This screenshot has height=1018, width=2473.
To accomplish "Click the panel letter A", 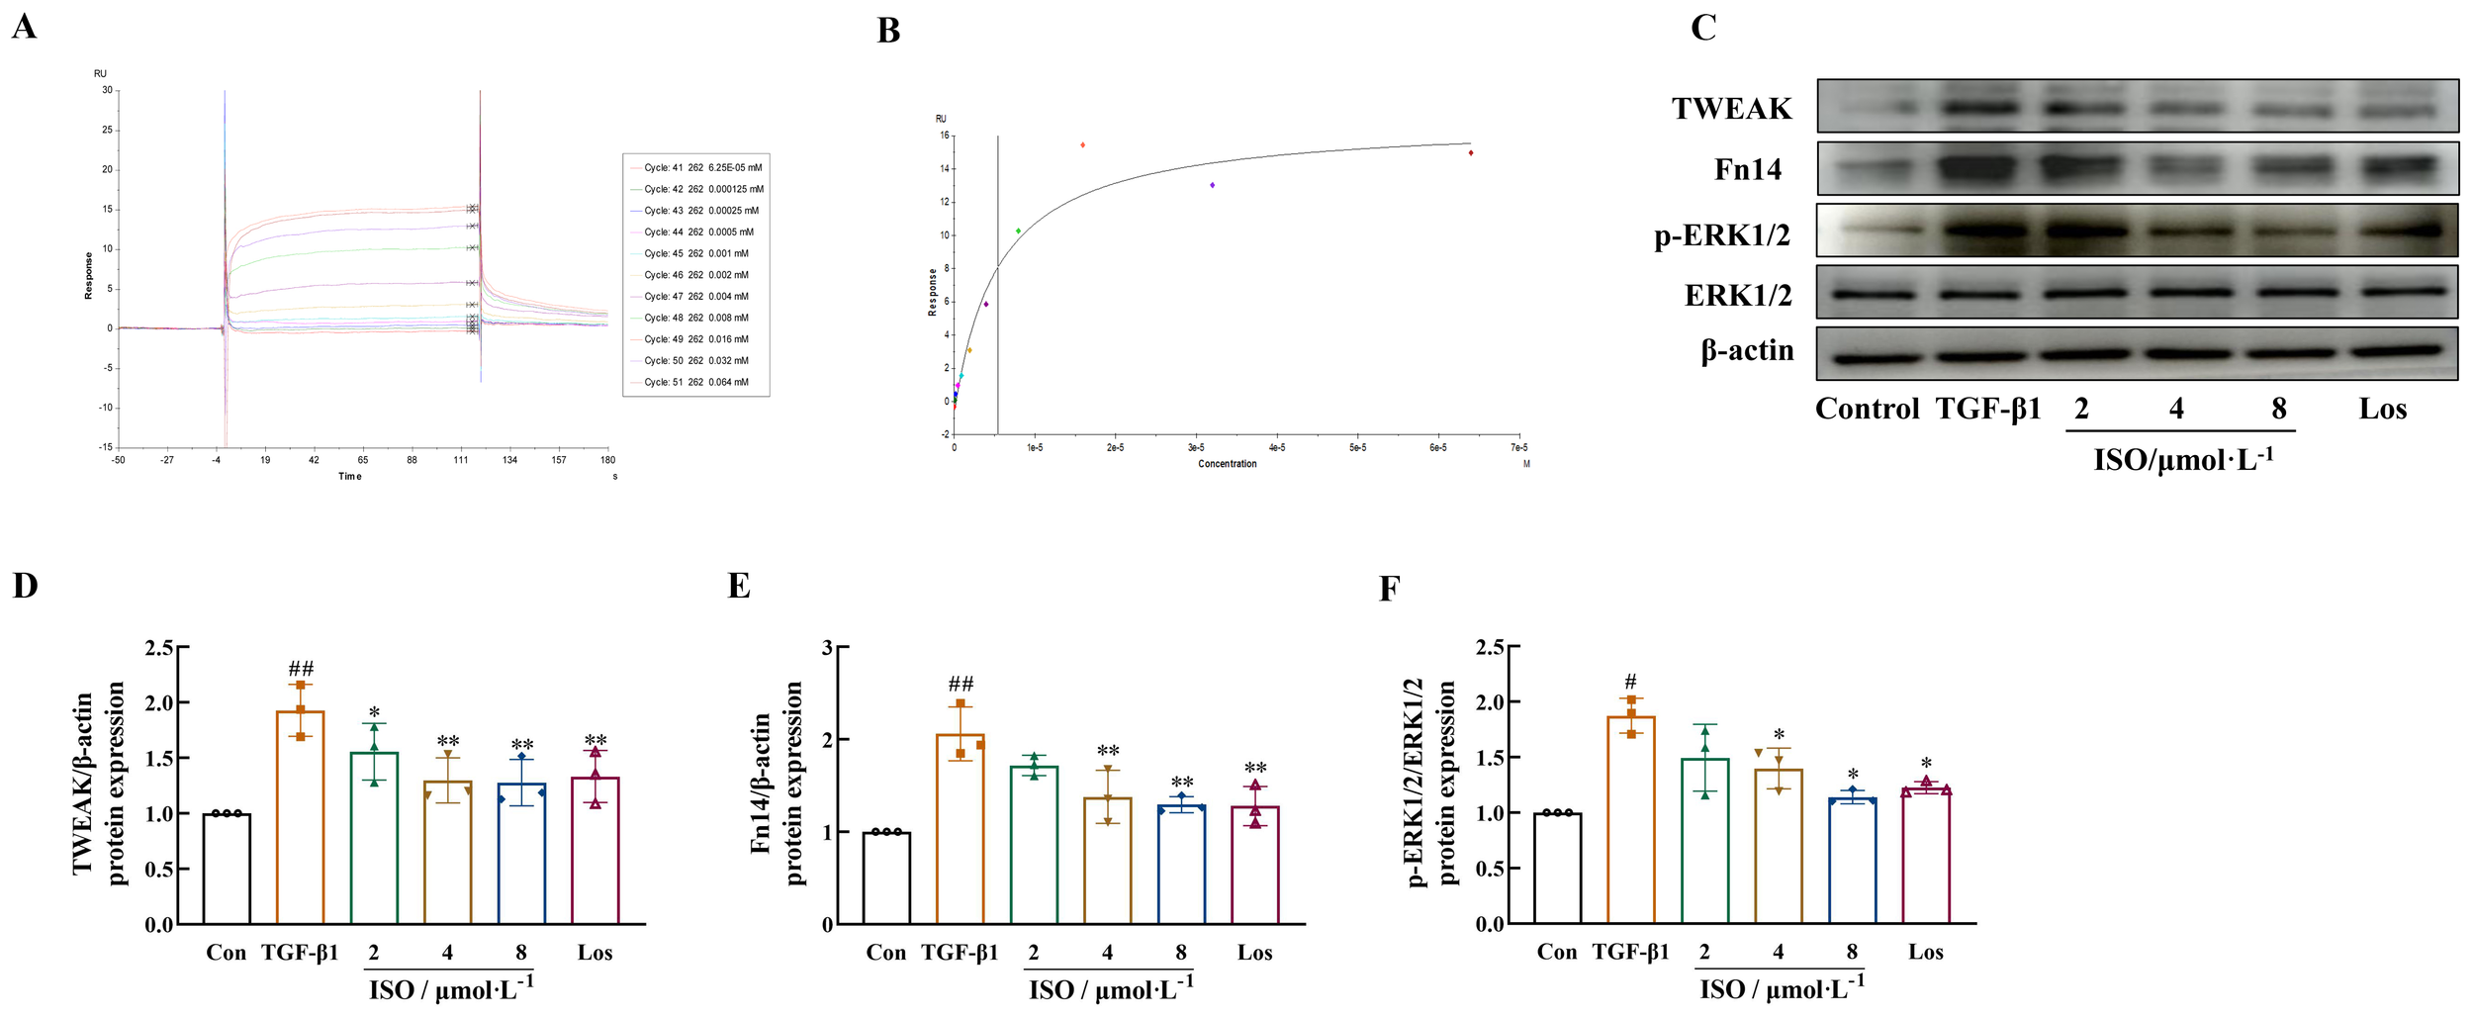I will (24, 27).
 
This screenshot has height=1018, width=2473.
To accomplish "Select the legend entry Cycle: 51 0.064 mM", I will (695, 382).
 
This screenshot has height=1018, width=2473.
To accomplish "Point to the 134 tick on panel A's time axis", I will (509, 459).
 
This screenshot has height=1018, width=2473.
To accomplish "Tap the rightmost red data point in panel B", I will (1471, 153).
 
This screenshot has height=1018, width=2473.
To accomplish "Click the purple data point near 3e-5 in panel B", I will (1212, 185).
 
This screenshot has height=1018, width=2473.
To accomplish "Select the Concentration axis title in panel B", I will (1227, 464).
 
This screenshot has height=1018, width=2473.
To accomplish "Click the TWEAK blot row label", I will (1731, 109).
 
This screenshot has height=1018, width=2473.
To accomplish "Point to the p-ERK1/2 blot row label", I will (1722, 235).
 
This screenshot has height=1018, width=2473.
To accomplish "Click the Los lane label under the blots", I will (2382, 409).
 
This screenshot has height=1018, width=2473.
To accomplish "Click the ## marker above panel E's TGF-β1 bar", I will (961, 684).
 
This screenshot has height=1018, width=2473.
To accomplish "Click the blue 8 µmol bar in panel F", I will (1852, 860).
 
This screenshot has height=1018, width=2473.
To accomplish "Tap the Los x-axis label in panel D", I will (595, 953).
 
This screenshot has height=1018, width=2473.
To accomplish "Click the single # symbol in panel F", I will (1630, 682).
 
